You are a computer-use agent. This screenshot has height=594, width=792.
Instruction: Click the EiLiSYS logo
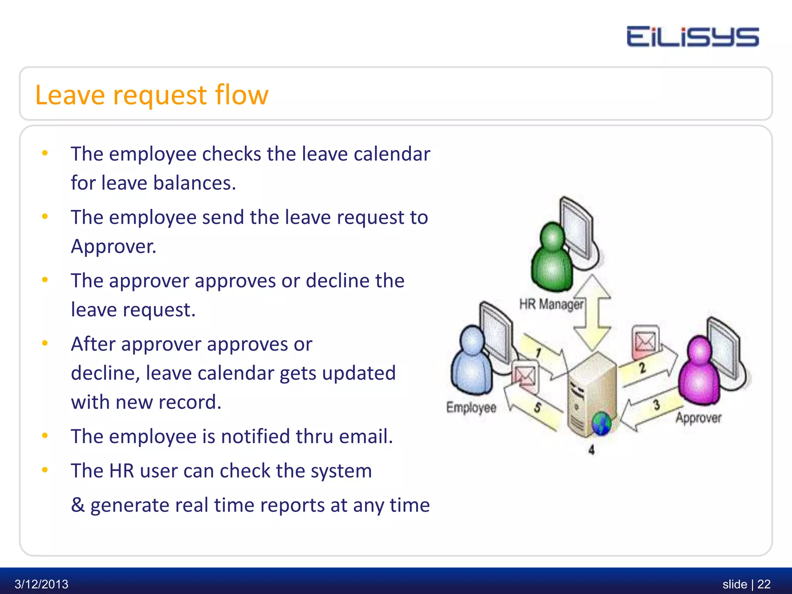pyautogui.click(x=693, y=37)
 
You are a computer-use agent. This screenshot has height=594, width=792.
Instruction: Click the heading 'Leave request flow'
pyautogui.click(x=152, y=95)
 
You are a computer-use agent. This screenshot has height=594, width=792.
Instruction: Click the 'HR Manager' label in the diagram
pyautogui.click(x=551, y=304)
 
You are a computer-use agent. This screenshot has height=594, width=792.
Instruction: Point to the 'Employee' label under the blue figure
pyautogui.click(x=471, y=407)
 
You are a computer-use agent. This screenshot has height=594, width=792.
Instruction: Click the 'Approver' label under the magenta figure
pyautogui.click(x=698, y=418)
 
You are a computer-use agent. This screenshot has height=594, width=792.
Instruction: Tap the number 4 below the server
pyautogui.click(x=591, y=450)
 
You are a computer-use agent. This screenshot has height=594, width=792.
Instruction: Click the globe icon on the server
pyautogui.click(x=601, y=423)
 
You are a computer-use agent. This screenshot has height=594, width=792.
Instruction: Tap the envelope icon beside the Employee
pyautogui.click(x=525, y=375)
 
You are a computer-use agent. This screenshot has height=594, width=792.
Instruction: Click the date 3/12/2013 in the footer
pyautogui.click(x=41, y=584)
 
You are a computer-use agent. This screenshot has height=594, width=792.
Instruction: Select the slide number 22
pyautogui.click(x=764, y=584)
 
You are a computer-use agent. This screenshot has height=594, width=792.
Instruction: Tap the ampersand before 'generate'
pyautogui.click(x=78, y=505)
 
